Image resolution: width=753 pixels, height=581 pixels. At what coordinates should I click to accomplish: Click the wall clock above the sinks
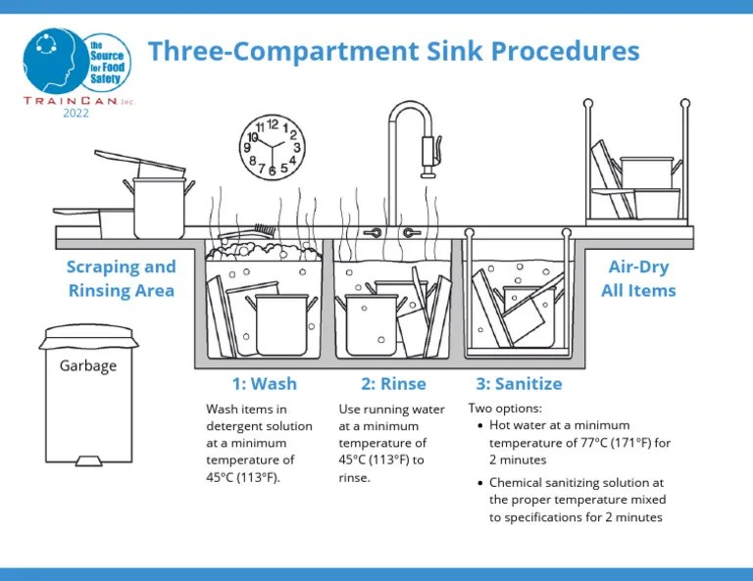pyautogui.click(x=273, y=148)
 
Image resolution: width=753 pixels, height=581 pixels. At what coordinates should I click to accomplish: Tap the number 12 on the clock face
pyautogui.click(x=273, y=123)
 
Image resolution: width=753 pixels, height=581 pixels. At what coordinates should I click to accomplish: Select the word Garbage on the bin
pyautogui.click(x=88, y=366)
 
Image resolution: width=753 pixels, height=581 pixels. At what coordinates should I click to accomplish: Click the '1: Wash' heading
pyautogui.click(x=264, y=383)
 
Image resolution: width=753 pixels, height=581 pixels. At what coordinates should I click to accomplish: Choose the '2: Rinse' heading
pyautogui.click(x=394, y=383)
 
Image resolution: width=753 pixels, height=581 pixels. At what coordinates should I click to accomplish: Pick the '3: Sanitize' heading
pyautogui.click(x=520, y=383)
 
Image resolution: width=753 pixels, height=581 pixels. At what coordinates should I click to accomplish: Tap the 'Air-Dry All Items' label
pyautogui.click(x=642, y=278)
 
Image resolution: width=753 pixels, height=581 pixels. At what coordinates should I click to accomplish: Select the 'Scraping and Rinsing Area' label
pyautogui.click(x=121, y=278)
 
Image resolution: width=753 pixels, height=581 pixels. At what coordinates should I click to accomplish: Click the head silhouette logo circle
pyautogui.click(x=54, y=58)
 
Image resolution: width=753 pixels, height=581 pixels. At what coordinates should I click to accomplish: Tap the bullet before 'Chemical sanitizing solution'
pyautogui.click(x=478, y=483)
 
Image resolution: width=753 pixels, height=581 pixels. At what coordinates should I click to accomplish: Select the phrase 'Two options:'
pyautogui.click(x=504, y=408)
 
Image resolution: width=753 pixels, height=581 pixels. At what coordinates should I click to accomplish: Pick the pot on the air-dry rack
pyautogui.click(x=647, y=173)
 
